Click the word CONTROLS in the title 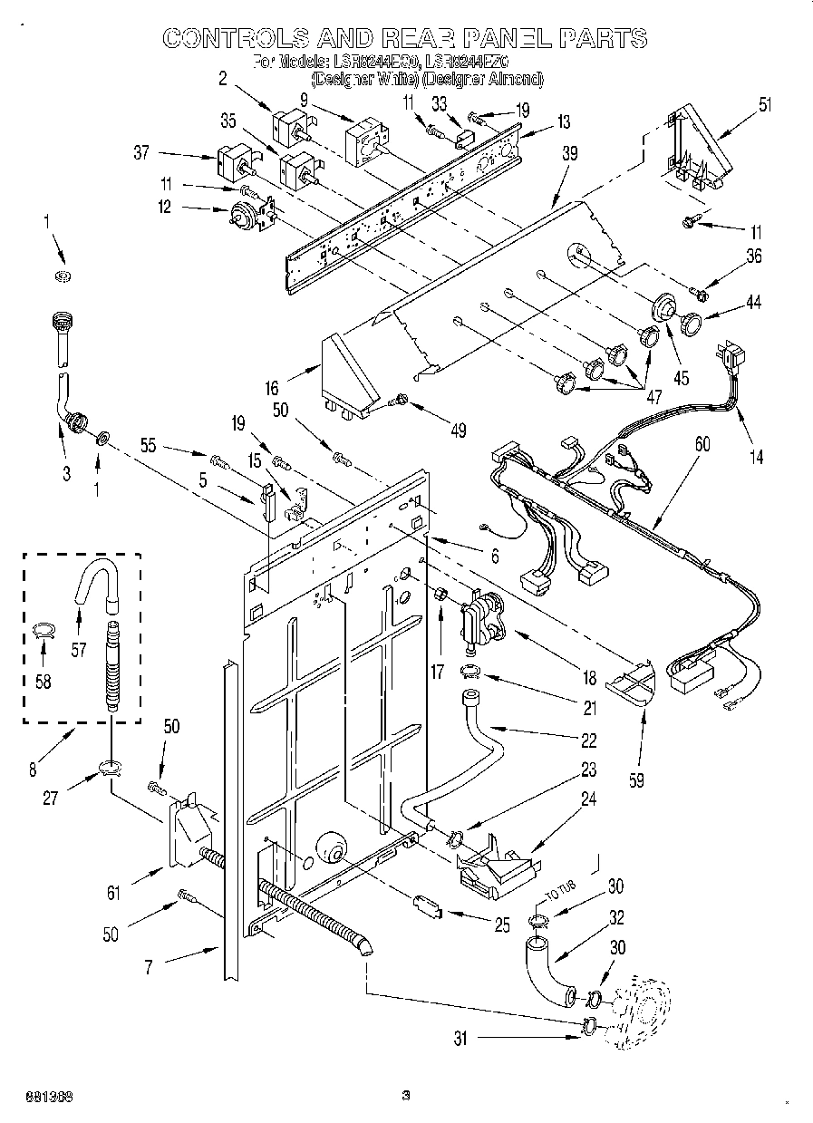point(232,37)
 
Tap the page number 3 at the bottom point(406,1095)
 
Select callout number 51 point(766,104)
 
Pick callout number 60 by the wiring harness point(702,445)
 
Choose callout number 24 point(589,800)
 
